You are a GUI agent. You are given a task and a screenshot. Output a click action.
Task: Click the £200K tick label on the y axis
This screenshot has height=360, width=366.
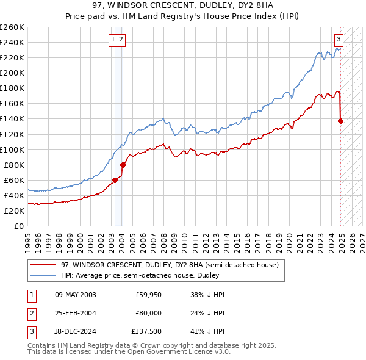click(x=12, y=73)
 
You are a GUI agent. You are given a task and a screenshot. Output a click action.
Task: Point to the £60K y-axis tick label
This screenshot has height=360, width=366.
click(x=14, y=180)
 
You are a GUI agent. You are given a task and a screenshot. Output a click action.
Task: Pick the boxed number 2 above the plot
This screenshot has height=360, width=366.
click(x=122, y=40)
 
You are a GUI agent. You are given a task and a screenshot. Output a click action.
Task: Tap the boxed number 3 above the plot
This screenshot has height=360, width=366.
click(x=339, y=40)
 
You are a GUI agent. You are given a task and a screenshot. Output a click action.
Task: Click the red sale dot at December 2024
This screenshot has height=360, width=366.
click(x=340, y=121)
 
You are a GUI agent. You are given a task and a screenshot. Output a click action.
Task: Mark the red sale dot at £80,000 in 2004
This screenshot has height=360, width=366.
click(x=123, y=165)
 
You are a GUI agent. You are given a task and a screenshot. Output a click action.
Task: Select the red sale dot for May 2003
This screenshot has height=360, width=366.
click(x=115, y=180)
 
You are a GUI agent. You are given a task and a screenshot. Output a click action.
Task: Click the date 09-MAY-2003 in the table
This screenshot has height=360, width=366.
click(x=76, y=295)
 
